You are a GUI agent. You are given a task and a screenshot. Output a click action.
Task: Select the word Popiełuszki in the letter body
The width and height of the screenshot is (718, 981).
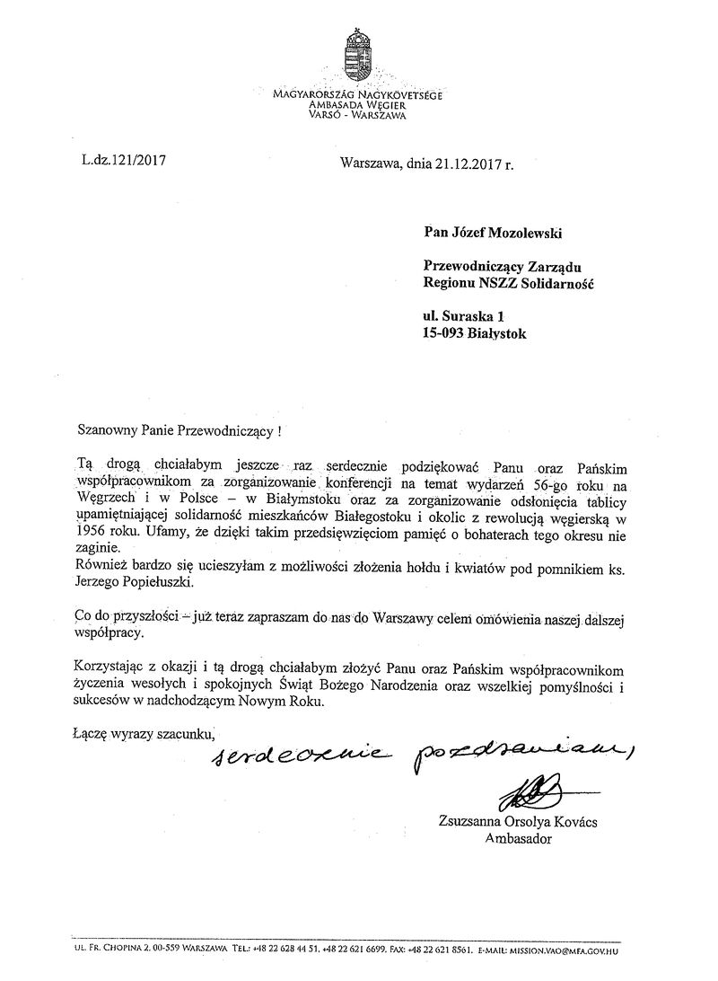click(x=155, y=581)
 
